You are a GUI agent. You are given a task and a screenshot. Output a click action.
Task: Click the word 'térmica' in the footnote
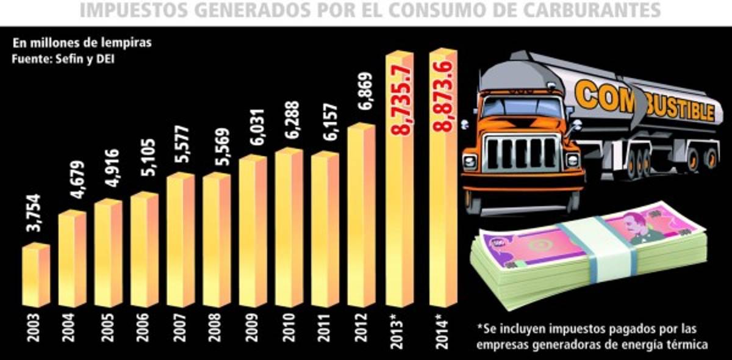(x=686, y=345)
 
